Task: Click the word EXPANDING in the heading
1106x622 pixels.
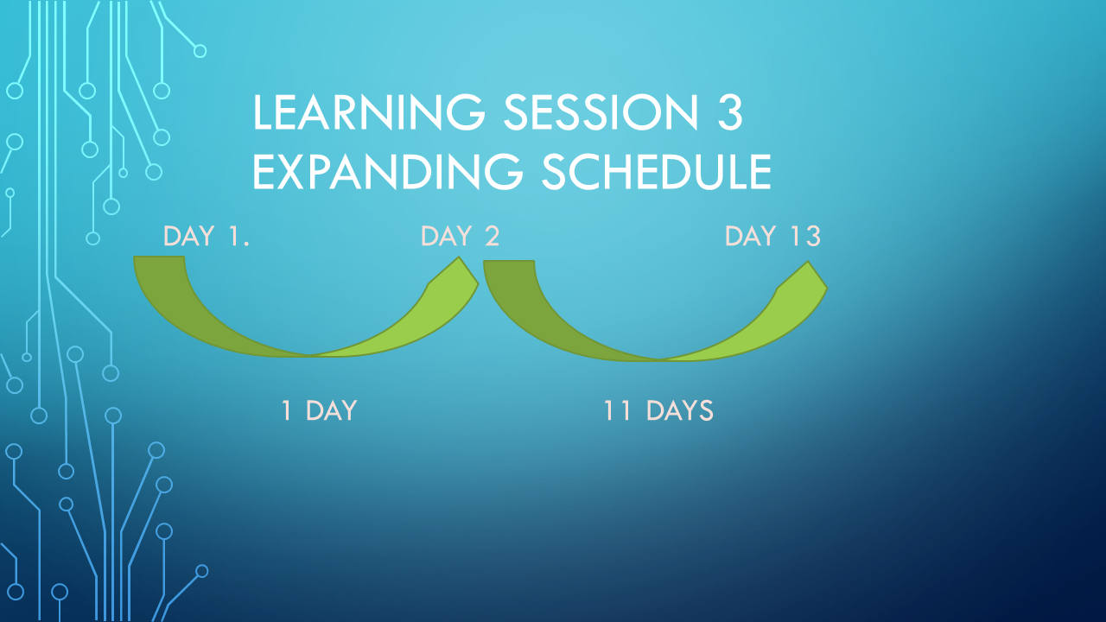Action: tap(388, 171)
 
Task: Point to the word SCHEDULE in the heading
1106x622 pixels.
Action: tap(656, 171)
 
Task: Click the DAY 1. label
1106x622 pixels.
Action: tap(206, 236)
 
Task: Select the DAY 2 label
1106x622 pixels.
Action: tap(460, 236)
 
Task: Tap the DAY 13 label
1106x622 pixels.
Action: tap(772, 236)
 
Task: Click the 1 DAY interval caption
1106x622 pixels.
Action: tap(319, 410)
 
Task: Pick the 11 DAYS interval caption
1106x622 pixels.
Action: tap(658, 410)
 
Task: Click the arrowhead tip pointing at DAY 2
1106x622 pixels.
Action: tap(459, 257)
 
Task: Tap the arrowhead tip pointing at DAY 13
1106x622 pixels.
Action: tap(808, 262)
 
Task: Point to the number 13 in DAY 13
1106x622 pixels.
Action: tap(806, 236)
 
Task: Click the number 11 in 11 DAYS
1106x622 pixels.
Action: tap(617, 410)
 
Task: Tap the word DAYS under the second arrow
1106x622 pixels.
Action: tap(680, 410)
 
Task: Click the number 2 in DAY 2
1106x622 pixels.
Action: tap(492, 236)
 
